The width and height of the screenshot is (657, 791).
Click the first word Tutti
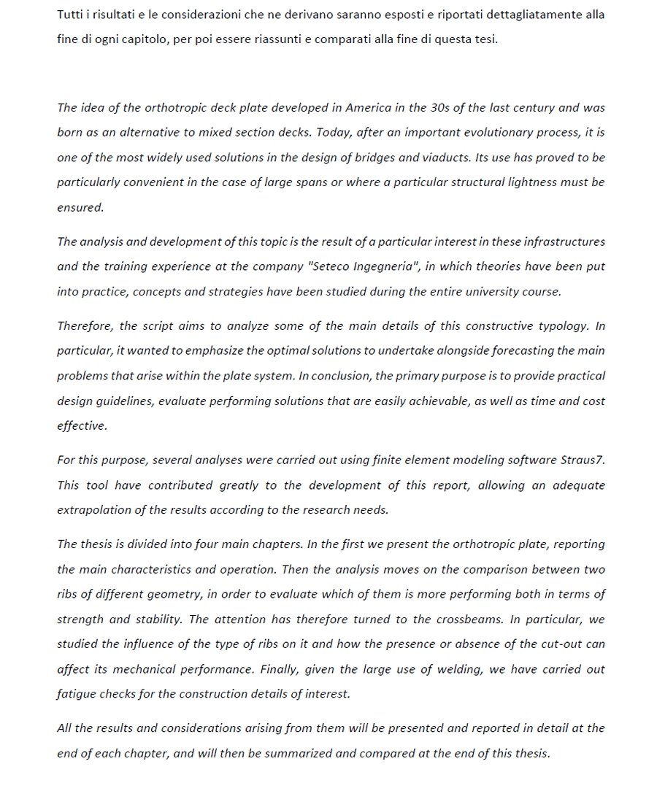click(x=70, y=15)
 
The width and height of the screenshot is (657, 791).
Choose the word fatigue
click(x=75, y=695)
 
